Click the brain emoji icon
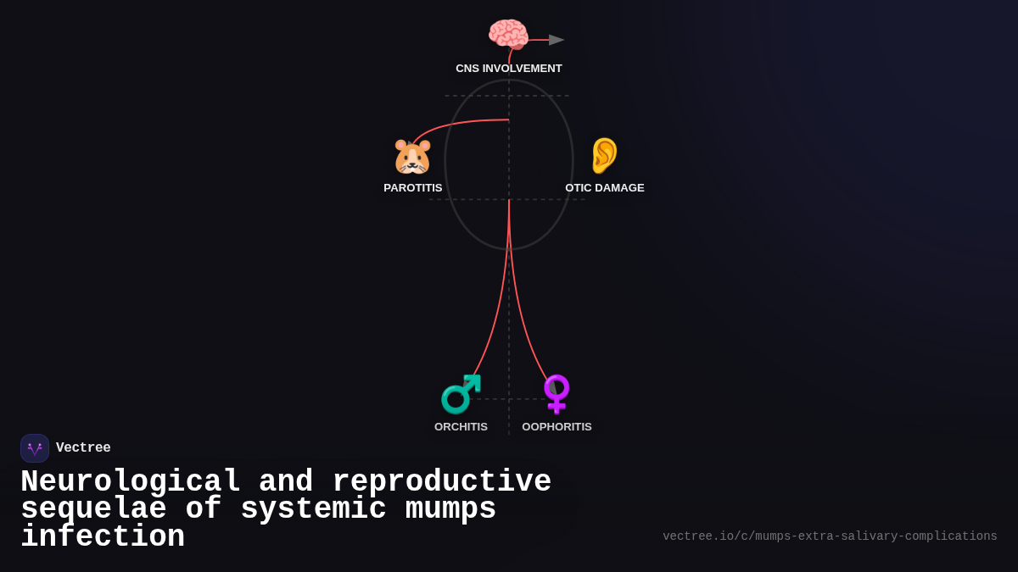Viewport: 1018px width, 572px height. pos(508,35)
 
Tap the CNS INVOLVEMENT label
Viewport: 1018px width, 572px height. pos(509,69)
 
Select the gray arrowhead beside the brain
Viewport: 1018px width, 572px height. pos(557,40)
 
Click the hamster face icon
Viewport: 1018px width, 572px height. pos(412,157)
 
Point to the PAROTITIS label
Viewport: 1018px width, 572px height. pos(413,188)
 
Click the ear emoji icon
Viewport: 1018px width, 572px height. pos(604,156)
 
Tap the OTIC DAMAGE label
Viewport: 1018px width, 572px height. pos(605,188)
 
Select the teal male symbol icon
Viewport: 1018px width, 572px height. pos(461,394)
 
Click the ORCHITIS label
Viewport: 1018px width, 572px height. pos(461,427)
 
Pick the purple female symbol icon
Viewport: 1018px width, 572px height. pos(557,394)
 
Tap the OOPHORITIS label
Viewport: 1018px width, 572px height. pos(557,427)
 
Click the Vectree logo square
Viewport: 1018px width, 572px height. pos(35,448)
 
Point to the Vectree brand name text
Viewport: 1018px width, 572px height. pos(83,448)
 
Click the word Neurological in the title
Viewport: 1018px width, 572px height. pos(131,482)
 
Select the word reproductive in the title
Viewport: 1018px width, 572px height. pos(441,482)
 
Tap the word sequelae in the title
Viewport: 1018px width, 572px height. pos(93,509)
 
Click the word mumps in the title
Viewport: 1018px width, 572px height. pos(450,509)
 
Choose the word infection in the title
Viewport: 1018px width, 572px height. pos(103,537)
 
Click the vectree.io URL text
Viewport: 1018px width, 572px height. pos(830,536)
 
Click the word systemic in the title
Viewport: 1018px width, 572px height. pos(313,509)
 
